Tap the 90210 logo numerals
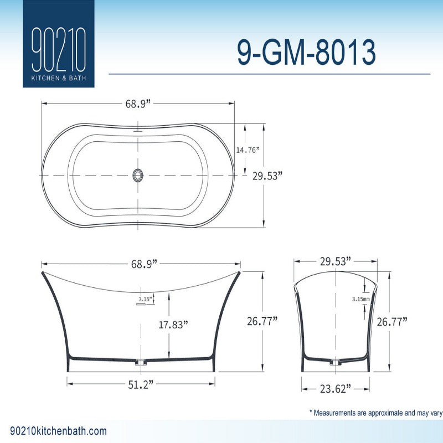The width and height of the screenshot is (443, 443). [x=59, y=50]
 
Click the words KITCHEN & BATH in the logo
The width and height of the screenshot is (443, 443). [x=59, y=78]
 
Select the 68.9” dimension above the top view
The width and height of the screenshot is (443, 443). [x=138, y=104]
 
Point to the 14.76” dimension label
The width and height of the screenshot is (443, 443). [x=248, y=150]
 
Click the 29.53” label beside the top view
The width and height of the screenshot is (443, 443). [x=267, y=176]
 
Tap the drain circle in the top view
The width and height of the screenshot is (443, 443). [x=138, y=175]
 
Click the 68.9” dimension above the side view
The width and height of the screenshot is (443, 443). [x=144, y=264]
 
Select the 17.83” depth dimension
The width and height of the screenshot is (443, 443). [x=173, y=324]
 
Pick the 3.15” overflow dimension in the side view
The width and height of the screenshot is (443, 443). [x=145, y=299]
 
